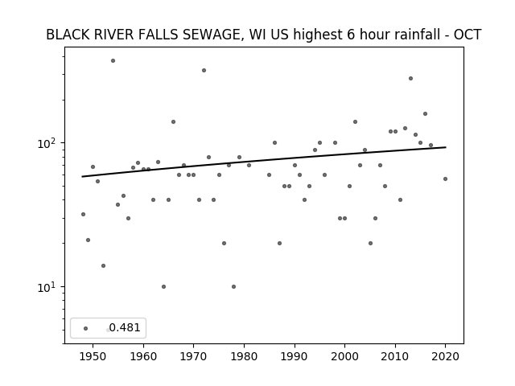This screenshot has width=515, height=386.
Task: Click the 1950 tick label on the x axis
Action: point(93,356)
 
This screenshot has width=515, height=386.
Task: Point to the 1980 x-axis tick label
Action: point(244,356)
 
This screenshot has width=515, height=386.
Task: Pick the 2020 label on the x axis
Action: point(445,356)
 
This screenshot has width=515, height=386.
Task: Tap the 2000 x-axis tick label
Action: point(344,356)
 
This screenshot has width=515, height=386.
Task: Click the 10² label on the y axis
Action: point(48,143)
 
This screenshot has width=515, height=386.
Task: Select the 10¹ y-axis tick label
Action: point(48,287)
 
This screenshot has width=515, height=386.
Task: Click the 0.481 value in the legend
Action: point(125,327)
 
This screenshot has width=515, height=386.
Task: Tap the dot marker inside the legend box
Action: point(85,328)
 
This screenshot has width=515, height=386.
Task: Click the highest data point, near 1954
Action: point(113,61)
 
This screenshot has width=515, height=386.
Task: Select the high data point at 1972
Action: point(204,70)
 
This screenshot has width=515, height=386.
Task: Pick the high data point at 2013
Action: point(410,79)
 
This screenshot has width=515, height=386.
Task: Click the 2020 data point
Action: point(445,179)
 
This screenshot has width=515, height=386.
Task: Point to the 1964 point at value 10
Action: point(163,286)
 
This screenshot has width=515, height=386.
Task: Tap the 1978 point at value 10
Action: point(233,286)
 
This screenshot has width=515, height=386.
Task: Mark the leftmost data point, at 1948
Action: point(83,215)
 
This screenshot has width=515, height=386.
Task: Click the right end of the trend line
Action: point(446,147)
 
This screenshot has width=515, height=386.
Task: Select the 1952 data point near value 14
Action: point(103,265)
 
